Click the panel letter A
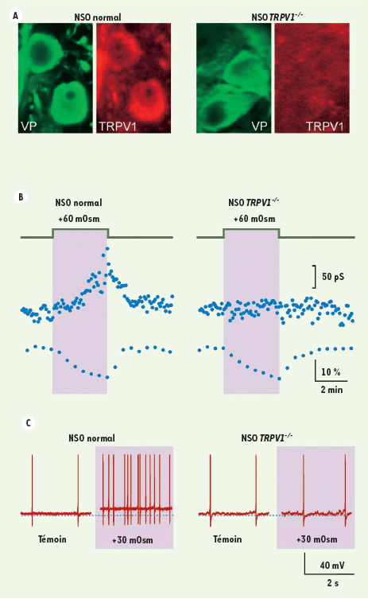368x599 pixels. [x=16, y=16]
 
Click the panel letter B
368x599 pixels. [x=21, y=196]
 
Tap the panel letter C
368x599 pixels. [x=28, y=423]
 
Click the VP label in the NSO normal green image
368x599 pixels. [x=29, y=126]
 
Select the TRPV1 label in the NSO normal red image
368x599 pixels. [x=117, y=126]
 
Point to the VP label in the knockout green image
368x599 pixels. [x=259, y=126]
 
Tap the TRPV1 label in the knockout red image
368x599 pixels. [x=325, y=126]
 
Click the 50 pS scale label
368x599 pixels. [x=333, y=277]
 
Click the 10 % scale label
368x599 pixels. [x=331, y=371]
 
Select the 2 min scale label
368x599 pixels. [x=331, y=390]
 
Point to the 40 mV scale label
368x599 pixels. [x=332, y=565]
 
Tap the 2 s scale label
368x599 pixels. [x=332, y=583]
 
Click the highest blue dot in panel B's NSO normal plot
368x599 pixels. [x=107, y=249]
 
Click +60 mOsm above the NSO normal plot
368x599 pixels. [x=79, y=219]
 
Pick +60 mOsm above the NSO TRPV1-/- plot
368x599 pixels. [x=254, y=219]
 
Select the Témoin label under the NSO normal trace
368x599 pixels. [x=52, y=539]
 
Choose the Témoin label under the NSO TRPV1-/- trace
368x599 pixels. [x=227, y=539]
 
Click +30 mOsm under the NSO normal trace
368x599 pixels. [x=133, y=540]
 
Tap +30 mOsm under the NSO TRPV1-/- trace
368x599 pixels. [x=317, y=539]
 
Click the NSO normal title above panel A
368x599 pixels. [x=97, y=18]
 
